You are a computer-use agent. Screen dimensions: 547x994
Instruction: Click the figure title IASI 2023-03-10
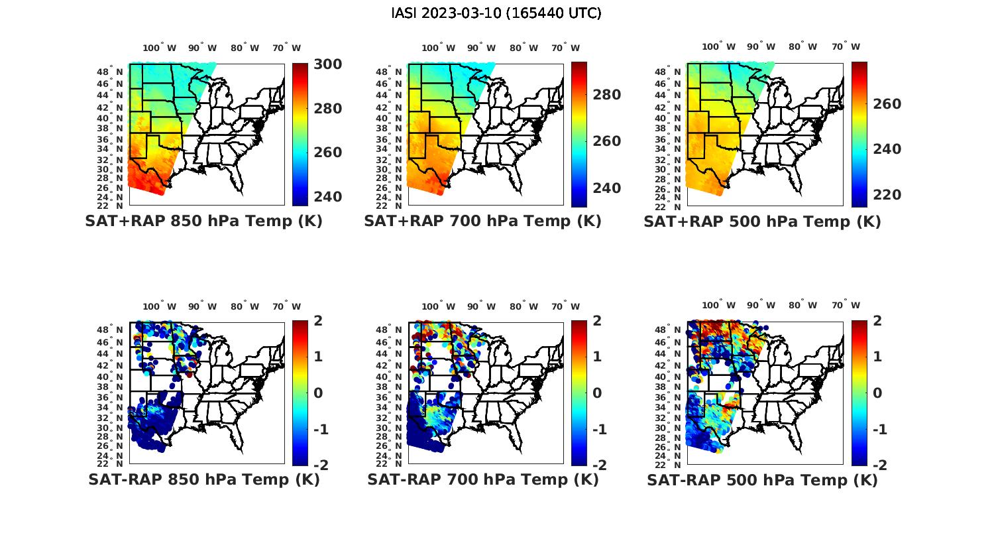coord(496,13)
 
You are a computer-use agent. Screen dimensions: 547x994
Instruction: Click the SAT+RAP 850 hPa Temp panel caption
coord(203,221)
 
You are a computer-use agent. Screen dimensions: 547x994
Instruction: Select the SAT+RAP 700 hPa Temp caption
coord(482,221)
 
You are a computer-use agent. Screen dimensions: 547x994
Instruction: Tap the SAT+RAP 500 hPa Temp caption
coord(762,221)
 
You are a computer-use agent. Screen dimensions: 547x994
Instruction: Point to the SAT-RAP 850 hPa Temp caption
coord(203,479)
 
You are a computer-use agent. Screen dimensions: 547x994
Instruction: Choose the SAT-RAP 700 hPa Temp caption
coord(482,479)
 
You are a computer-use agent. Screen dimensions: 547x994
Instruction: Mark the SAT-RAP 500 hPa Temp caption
coord(762,480)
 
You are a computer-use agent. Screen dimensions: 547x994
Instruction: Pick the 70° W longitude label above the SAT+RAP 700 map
coord(565,48)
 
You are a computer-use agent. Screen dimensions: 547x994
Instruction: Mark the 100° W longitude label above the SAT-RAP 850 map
coord(160,306)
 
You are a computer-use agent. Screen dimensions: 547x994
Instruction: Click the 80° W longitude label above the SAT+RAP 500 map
coord(802,47)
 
